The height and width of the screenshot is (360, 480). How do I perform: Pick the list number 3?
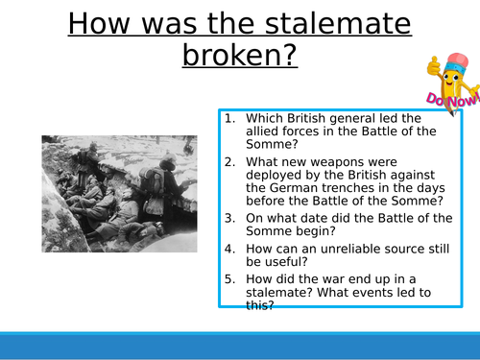[230, 216]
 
